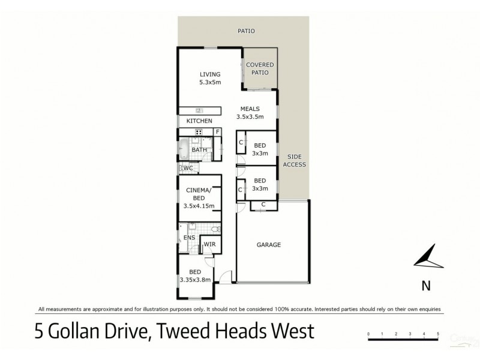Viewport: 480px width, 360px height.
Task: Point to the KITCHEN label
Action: [199, 121]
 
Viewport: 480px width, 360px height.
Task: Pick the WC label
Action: [187, 168]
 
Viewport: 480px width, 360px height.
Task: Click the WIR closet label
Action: [210, 244]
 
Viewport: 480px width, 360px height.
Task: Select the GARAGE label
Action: [269, 245]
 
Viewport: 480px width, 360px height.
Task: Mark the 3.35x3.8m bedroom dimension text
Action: [197, 279]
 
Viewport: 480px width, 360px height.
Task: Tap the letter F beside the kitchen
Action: [218, 132]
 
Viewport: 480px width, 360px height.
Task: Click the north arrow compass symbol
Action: [427, 259]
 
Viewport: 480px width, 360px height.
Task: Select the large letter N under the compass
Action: [426, 286]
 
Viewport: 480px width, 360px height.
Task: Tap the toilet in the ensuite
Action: [215, 229]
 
